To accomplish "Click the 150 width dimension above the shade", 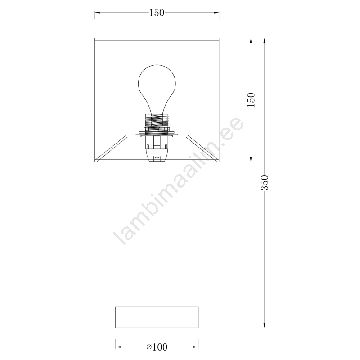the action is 157,13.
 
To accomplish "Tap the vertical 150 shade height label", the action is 251,99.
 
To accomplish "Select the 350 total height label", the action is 265,183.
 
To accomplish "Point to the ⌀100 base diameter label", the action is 157,347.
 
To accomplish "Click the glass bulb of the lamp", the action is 157,89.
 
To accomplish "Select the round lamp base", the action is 157,317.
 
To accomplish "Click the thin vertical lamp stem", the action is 157,234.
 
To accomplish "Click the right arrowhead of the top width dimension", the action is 216,13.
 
